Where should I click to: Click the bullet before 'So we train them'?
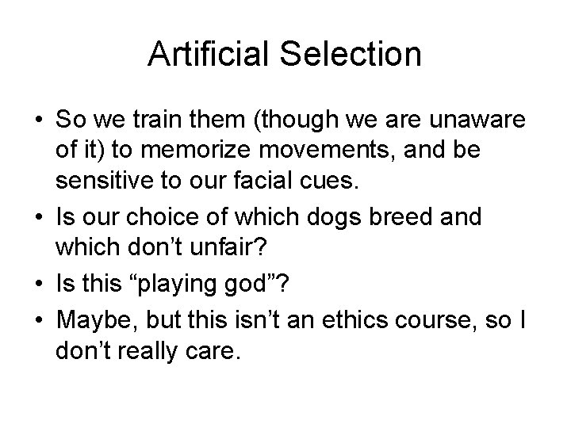(x=39, y=123)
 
